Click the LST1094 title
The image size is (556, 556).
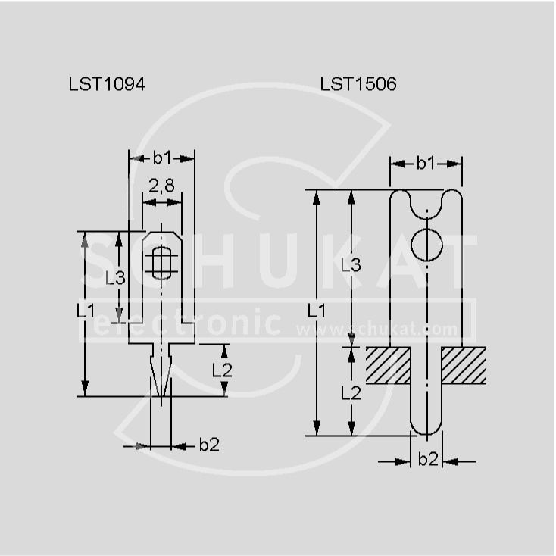[x=107, y=84]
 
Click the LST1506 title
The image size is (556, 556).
[x=358, y=84]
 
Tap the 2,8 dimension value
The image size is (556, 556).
[x=161, y=186]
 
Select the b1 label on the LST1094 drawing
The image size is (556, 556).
[x=162, y=158]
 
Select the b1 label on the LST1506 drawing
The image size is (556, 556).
[x=426, y=163]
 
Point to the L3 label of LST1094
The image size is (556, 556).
[x=115, y=278]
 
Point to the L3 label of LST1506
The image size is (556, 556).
[x=351, y=264]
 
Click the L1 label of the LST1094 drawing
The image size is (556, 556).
[x=86, y=311]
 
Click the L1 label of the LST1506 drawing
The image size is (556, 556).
[x=317, y=311]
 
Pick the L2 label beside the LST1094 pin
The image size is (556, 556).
[x=222, y=370]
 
